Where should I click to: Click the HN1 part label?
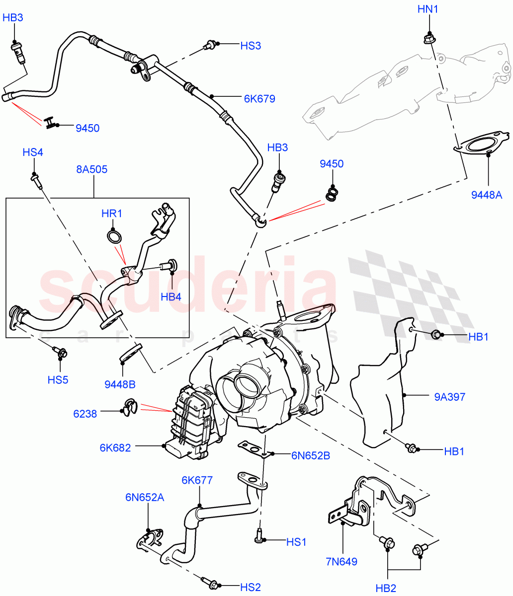[428, 9]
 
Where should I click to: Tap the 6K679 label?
[259, 99]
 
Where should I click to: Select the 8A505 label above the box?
[91, 169]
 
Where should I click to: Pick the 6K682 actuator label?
[114, 447]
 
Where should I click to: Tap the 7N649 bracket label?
[342, 562]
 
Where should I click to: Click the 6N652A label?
[145, 497]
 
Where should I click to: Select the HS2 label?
[251, 588]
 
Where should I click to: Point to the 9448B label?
[120, 384]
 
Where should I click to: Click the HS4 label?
[33, 152]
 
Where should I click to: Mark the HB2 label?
[386, 589]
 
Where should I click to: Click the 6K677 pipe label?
[197, 480]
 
